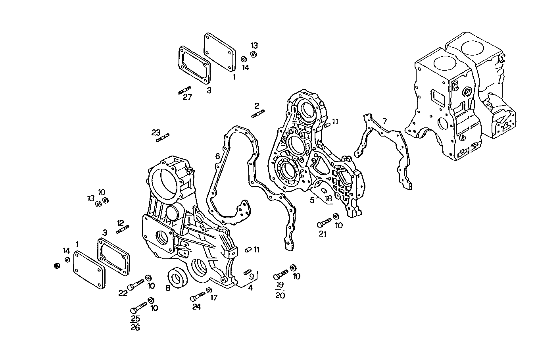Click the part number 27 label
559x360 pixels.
187,98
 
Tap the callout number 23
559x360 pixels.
156,132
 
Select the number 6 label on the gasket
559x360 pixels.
217,156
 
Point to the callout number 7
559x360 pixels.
384,121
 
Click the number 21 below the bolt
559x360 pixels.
323,234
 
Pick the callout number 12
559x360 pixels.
120,223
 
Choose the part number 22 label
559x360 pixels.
123,293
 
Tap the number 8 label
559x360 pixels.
168,288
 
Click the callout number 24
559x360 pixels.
196,306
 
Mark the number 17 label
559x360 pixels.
214,297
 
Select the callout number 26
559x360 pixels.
135,328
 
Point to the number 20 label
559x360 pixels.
280,295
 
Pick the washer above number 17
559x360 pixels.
209,291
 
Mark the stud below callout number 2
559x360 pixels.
258,114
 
